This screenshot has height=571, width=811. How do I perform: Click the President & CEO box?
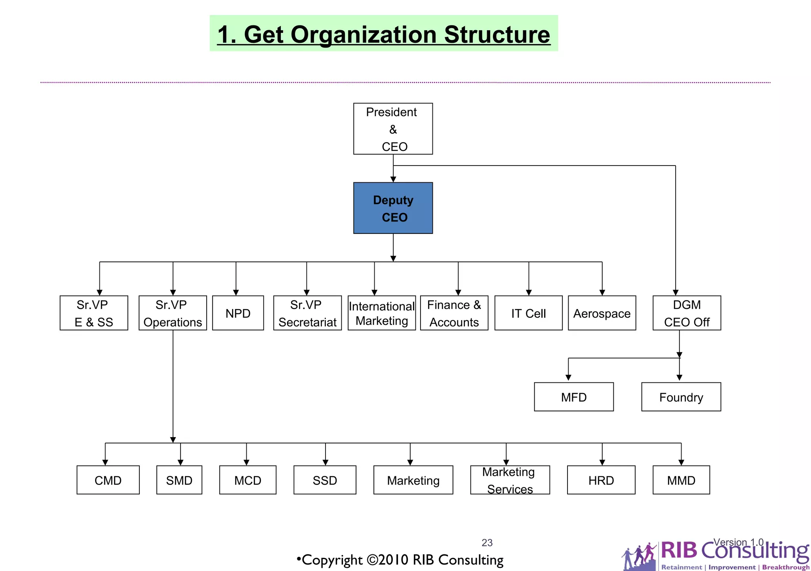[x=393, y=129]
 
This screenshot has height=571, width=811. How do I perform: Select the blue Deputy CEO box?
[x=393, y=208]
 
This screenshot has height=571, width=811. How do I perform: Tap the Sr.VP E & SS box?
[x=94, y=313]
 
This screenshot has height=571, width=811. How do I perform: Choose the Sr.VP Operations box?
[x=173, y=313]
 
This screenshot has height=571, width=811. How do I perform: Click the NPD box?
[x=238, y=313]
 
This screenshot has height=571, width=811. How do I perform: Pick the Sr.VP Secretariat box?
[x=307, y=313]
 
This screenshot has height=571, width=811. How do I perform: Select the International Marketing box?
[x=382, y=313]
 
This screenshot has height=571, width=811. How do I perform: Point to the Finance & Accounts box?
[x=454, y=313]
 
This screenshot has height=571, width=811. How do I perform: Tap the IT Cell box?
[x=528, y=313]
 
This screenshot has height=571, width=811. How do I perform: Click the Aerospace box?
[x=602, y=313]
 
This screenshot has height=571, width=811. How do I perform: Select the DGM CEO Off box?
[x=687, y=313]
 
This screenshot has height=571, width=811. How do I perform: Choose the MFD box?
[x=574, y=397]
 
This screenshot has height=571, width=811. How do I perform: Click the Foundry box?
[x=681, y=397]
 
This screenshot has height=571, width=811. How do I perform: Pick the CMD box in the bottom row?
[x=108, y=480]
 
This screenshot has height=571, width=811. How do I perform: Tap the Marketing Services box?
[x=510, y=480]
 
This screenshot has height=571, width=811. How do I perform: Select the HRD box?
[x=601, y=480]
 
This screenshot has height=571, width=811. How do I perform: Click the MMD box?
[x=681, y=480]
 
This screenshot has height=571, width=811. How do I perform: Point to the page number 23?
[x=487, y=542]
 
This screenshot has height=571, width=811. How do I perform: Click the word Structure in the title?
[x=497, y=35]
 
